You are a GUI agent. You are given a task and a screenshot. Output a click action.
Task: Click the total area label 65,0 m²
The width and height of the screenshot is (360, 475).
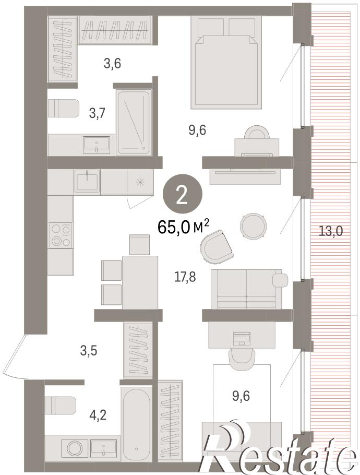183,227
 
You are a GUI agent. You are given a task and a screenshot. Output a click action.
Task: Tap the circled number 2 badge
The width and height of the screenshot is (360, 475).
182,196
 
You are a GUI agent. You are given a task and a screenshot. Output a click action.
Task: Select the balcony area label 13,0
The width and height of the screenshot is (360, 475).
330,231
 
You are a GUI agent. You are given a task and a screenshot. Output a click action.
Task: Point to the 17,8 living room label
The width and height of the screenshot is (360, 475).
185,277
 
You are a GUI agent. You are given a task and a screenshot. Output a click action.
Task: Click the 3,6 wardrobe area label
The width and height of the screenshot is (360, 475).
112,64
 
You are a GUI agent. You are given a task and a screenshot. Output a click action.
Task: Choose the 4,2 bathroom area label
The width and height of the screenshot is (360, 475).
98,415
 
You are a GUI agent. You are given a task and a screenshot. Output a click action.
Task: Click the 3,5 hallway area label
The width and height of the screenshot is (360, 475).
88,350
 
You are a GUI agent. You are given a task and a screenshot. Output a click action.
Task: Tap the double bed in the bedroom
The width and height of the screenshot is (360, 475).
226,63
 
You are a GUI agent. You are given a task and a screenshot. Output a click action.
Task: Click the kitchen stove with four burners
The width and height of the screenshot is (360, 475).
61,235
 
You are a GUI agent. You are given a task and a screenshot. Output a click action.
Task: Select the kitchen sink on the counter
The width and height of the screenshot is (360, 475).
87,181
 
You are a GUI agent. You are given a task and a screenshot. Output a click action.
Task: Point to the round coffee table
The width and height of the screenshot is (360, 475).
254,225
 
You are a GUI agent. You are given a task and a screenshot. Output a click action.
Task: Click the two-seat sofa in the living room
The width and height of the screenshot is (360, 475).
247,289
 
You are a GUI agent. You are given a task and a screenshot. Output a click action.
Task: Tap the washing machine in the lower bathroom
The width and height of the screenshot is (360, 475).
75,449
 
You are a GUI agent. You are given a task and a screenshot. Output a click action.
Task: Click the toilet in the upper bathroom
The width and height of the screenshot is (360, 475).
64,108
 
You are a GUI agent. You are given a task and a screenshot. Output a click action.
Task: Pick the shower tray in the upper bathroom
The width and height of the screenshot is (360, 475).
134,122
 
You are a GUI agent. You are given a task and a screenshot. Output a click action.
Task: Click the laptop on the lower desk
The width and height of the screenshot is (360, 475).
242,339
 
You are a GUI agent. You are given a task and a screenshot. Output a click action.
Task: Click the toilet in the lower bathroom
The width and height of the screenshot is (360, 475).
60,406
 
